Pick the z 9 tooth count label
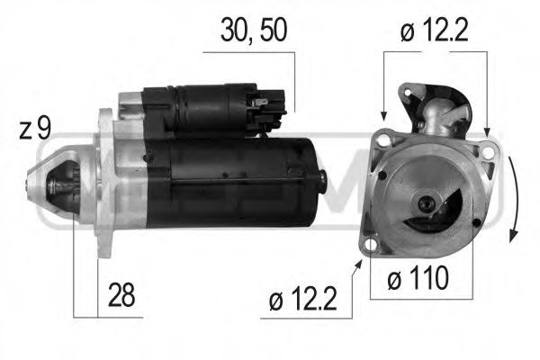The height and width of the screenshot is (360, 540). pos(33,129)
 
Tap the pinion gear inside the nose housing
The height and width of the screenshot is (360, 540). pos(64,186)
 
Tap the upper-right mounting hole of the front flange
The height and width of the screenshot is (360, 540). pos(487,153)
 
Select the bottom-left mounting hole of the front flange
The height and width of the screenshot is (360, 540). pos(370,241)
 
